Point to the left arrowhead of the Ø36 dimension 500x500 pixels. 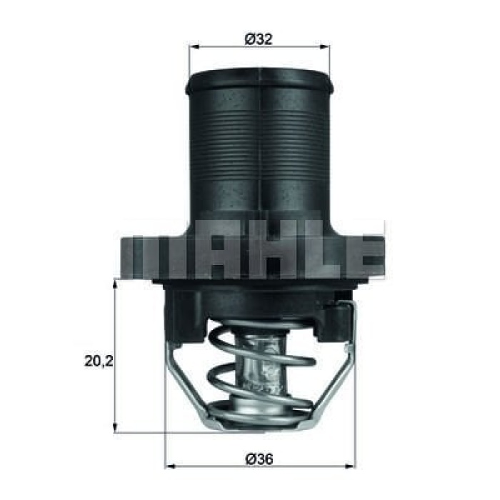pos(170,466)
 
